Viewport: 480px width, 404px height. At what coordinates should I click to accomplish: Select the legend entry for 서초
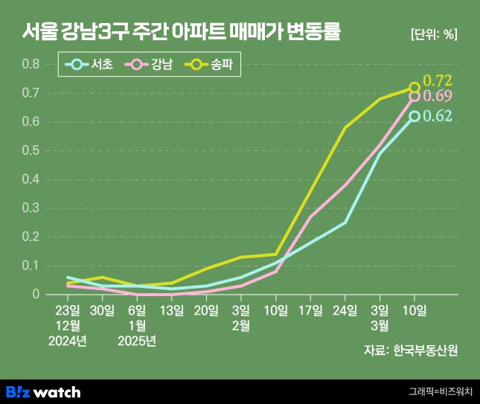click(90, 65)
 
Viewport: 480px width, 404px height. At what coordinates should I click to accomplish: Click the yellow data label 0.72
click(438, 80)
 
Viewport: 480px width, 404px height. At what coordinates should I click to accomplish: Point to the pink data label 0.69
click(438, 97)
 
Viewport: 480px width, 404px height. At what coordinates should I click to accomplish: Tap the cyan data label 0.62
click(438, 116)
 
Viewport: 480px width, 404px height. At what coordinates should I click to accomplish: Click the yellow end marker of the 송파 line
click(415, 88)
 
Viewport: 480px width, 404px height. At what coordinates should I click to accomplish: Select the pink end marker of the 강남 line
click(415, 97)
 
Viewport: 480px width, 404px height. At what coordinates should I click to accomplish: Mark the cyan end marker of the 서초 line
click(415, 116)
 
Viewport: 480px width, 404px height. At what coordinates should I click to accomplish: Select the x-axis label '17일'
click(310, 310)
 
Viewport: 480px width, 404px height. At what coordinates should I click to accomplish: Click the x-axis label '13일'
click(171, 310)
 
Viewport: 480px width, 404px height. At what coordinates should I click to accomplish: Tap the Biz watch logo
click(43, 391)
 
